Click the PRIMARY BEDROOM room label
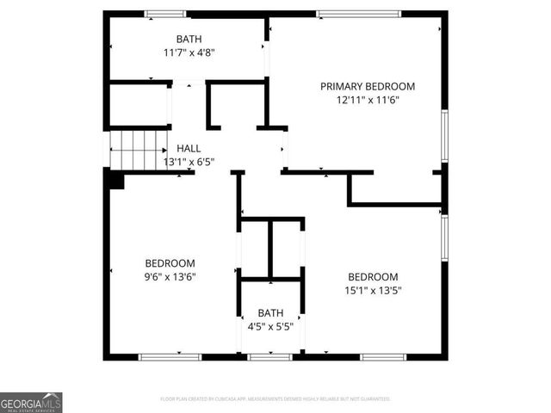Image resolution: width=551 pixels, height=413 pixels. point(368,86)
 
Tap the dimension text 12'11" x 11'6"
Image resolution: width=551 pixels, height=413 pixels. point(368,100)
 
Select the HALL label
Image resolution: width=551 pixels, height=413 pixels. point(189,148)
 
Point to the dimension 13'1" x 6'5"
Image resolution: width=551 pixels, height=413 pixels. point(189,161)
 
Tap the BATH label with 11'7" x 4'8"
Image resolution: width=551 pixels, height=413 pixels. point(189,39)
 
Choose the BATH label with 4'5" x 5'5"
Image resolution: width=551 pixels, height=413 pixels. point(270,313)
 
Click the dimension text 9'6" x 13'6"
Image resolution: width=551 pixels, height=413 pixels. point(170,276)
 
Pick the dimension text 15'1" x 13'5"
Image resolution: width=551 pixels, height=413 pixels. point(373,290)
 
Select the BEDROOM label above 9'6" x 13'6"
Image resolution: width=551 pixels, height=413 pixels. point(170,262)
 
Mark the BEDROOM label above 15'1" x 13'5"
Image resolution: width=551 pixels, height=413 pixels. point(373,276)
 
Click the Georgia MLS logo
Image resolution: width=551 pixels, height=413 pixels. point(31,403)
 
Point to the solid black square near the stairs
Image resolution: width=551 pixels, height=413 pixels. point(115,179)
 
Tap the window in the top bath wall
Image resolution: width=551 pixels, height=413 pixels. point(165,14)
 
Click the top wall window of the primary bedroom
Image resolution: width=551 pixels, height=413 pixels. point(358,14)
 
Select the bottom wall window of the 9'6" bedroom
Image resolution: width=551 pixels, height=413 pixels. point(170,356)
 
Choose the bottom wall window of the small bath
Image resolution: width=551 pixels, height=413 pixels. point(270,356)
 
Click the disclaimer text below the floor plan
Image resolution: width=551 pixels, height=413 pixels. point(275,399)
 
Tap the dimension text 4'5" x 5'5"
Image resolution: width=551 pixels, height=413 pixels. point(270,327)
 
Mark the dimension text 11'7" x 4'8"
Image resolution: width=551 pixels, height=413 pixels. point(189,52)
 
